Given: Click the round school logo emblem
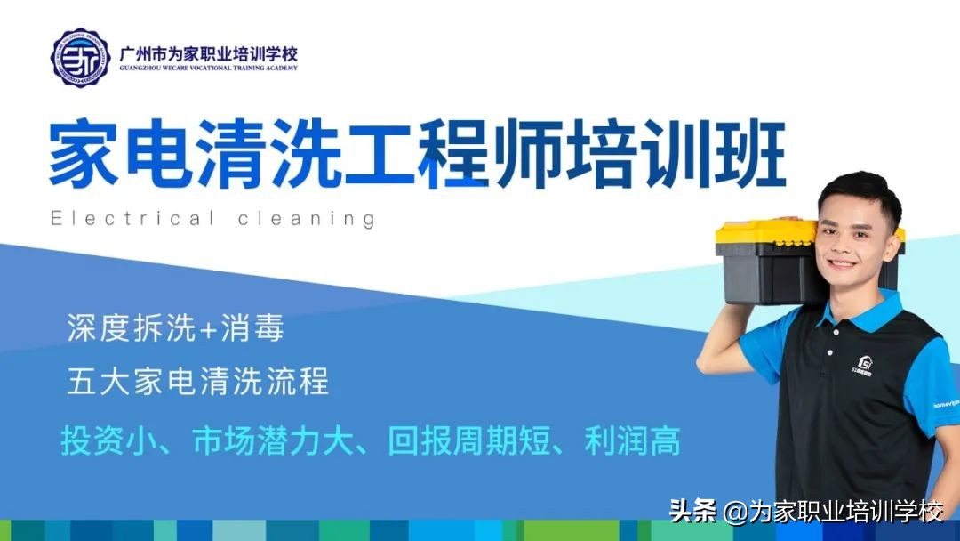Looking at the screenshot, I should coord(81,57).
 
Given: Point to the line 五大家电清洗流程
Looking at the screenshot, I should coord(197,381).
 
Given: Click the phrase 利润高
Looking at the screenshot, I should coord(632,440).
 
